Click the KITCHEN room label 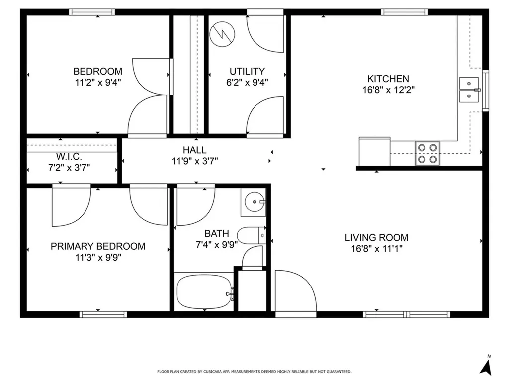coord(388,79)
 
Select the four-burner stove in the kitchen coord(427,153)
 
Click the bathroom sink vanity coord(254,202)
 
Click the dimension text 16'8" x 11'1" coord(376,249)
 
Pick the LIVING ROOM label coord(376,238)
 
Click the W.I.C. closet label coord(69,157)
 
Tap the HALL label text coord(194,150)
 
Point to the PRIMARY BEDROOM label coord(98,246)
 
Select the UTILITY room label coord(247,71)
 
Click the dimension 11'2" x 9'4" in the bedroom coord(98,82)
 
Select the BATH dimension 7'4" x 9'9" coord(217,244)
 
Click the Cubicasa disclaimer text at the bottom coord(254,372)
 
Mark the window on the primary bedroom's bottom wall coord(103,314)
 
